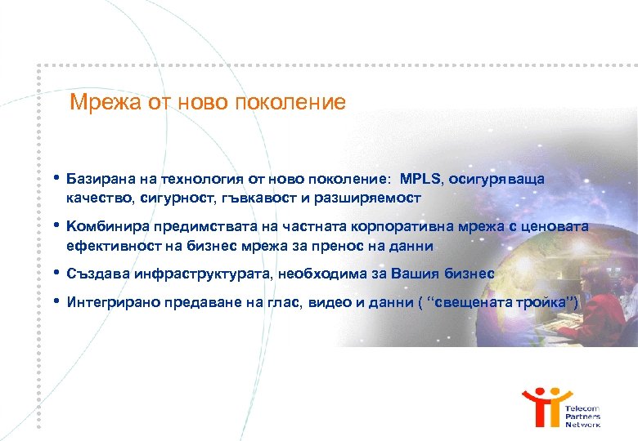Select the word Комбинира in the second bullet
click(x=103, y=226)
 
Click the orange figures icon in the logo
click(x=542, y=406)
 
